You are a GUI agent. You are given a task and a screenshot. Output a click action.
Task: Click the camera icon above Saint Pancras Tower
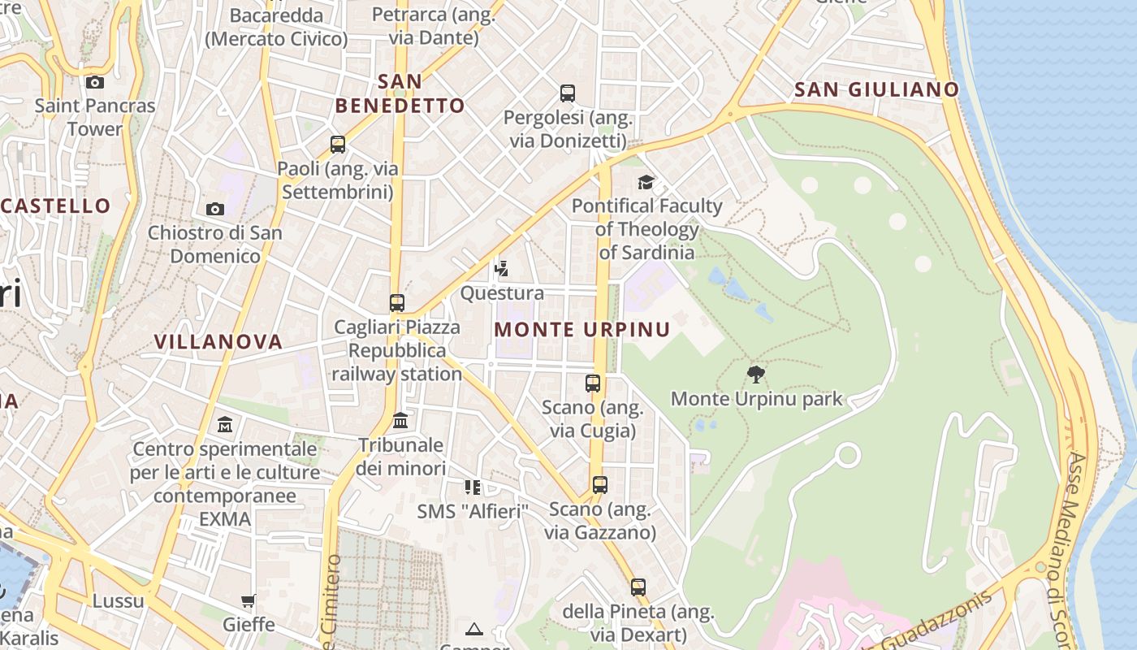coord(95,82)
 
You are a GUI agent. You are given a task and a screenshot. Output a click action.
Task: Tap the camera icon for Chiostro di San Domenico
coord(215,209)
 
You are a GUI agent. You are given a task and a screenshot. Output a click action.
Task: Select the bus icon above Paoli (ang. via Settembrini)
coord(338,145)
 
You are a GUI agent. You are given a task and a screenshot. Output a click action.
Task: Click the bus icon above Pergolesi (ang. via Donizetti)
coord(568,93)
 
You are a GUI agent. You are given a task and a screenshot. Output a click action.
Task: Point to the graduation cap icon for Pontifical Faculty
coord(646,182)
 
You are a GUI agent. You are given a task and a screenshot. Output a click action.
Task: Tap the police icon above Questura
coord(501,269)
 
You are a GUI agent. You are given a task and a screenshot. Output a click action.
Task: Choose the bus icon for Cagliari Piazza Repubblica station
coord(397,303)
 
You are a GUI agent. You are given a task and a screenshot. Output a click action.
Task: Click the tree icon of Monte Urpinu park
coord(756,375)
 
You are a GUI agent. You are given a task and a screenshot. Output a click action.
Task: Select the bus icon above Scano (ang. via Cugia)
coord(593,383)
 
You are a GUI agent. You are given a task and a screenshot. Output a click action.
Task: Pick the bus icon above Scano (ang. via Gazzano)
coord(600,485)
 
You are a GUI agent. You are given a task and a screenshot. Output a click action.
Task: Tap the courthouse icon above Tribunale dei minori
coord(400,421)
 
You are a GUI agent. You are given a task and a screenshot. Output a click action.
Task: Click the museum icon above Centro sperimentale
coord(225,425)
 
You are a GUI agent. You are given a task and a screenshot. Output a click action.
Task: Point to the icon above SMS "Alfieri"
coord(473,487)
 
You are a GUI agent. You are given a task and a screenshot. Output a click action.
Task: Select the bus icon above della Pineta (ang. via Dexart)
coord(638,587)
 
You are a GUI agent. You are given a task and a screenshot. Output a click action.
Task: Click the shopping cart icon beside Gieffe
coord(249,601)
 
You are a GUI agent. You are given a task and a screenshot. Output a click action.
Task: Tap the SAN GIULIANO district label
coord(876,89)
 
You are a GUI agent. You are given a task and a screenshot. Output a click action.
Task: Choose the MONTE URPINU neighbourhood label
coord(582,329)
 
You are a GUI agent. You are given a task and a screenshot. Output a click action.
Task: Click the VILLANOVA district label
coord(218,341)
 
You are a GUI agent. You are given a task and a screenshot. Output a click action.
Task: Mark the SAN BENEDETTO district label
coord(400,93)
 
